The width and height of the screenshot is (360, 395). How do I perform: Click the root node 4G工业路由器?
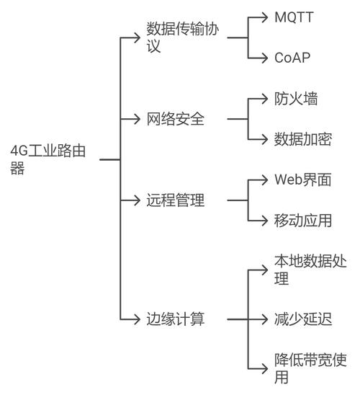(48, 159)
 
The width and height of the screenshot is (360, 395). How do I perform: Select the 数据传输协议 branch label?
(183, 37)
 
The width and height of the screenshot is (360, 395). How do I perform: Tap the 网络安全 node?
(176, 119)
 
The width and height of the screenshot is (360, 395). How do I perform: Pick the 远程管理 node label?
(176, 200)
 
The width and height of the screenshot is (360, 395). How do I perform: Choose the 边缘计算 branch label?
(176, 319)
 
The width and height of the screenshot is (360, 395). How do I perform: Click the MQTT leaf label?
(294, 17)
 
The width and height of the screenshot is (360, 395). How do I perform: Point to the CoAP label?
(292, 58)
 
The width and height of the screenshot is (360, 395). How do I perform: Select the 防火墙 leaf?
(296, 98)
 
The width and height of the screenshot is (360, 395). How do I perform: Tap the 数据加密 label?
(303, 139)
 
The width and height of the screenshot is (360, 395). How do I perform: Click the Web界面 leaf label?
(302, 180)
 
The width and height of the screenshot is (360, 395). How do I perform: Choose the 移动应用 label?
(303, 221)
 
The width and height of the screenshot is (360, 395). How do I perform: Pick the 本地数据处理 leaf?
(310, 270)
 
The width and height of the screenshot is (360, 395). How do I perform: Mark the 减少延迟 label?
(303, 319)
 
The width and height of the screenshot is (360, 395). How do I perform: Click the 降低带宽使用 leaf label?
(310, 368)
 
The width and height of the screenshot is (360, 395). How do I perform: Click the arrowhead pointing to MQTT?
(265, 17)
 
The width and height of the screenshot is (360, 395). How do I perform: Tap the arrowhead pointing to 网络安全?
(137, 119)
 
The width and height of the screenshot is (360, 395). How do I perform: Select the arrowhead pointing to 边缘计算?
(137, 319)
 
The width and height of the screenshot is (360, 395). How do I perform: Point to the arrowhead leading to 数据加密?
(265, 139)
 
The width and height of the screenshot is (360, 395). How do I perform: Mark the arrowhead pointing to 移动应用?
(265, 221)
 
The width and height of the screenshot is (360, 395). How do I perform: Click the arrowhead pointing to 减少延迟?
(265, 319)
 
